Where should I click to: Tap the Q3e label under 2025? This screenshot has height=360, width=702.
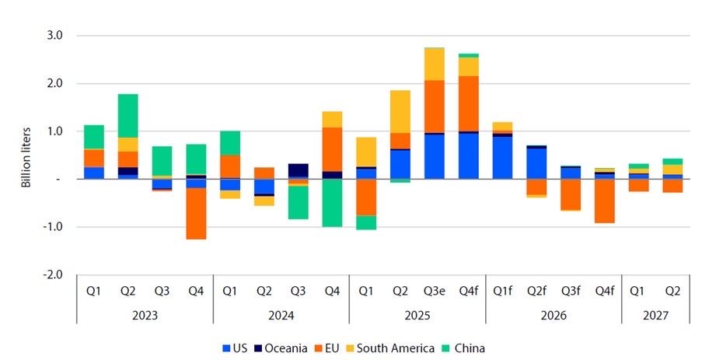[x=435, y=292]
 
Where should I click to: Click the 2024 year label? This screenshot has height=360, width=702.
[x=281, y=316]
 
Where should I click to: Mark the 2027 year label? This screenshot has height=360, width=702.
[x=656, y=316]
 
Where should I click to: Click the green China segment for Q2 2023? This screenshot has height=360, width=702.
[x=128, y=116]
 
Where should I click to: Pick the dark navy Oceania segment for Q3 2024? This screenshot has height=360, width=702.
[x=299, y=170]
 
